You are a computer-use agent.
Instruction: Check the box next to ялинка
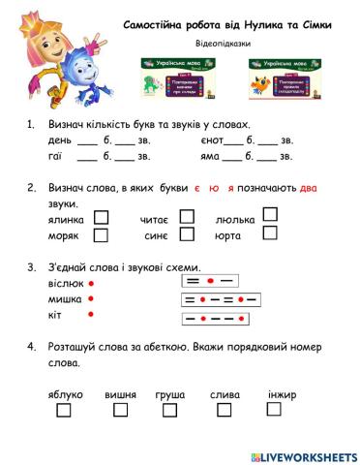click(x=102, y=218)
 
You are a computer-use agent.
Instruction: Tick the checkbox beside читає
click(x=187, y=218)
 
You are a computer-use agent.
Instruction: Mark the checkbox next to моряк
click(x=102, y=233)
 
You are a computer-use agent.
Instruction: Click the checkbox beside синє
click(x=187, y=233)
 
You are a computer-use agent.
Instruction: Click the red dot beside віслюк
click(x=91, y=284)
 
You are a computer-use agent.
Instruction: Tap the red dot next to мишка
click(x=91, y=299)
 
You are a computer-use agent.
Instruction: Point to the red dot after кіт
click(x=91, y=315)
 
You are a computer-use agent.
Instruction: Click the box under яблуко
click(x=65, y=411)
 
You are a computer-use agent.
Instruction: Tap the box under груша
click(x=170, y=411)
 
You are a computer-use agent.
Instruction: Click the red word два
click(x=307, y=187)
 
